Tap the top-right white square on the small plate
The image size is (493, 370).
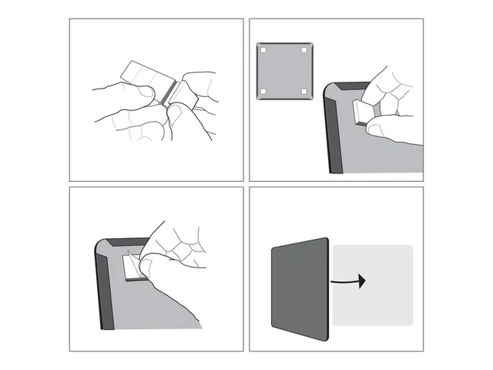point(304,50)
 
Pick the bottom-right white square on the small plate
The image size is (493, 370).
point(304,92)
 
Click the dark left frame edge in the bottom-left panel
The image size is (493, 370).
point(106,293)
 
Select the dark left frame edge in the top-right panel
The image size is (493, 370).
point(334,131)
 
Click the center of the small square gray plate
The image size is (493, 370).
point(283,71)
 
